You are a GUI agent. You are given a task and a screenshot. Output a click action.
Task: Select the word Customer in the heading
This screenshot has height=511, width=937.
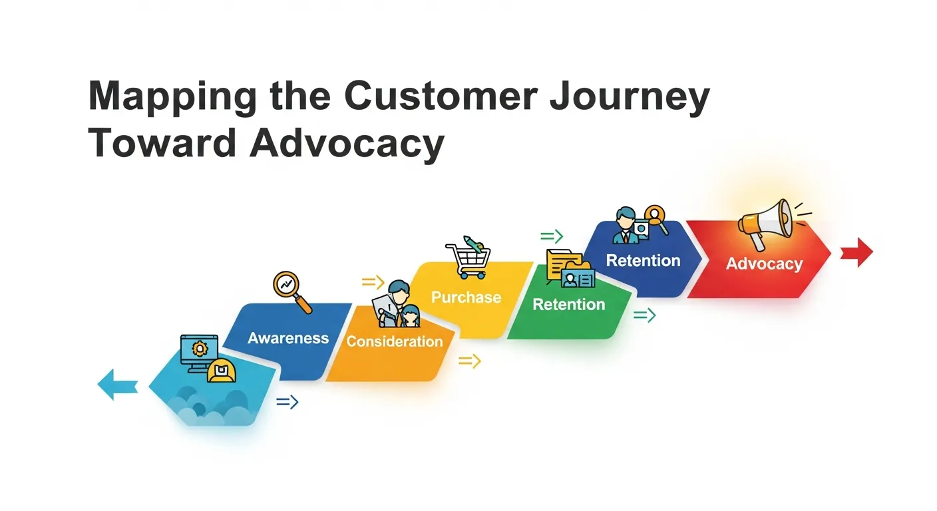(440, 98)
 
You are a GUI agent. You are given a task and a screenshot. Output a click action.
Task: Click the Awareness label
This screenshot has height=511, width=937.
(288, 338)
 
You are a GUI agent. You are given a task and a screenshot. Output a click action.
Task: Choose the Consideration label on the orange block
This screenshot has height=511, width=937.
(394, 342)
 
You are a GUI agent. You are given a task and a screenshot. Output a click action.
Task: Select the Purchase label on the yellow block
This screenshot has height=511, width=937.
(466, 297)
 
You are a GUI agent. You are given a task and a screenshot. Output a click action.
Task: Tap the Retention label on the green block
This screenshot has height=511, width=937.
(569, 305)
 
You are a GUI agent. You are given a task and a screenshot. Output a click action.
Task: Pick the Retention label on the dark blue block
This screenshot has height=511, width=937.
(643, 261)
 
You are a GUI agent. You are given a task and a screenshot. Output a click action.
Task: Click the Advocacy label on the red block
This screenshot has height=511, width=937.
(764, 264)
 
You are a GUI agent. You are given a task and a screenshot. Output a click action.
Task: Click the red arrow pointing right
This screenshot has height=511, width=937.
(856, 253)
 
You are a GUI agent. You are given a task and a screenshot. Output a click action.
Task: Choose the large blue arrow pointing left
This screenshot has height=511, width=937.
(118, 385)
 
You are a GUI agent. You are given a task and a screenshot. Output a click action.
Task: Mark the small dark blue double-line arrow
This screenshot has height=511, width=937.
(287, 402)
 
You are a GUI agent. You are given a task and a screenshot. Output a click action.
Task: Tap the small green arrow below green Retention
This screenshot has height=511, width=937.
(644, 315)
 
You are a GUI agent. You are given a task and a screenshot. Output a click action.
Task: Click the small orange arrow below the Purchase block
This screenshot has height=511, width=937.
(469, 361)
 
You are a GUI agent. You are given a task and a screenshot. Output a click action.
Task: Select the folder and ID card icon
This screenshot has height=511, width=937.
(569, 269)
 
